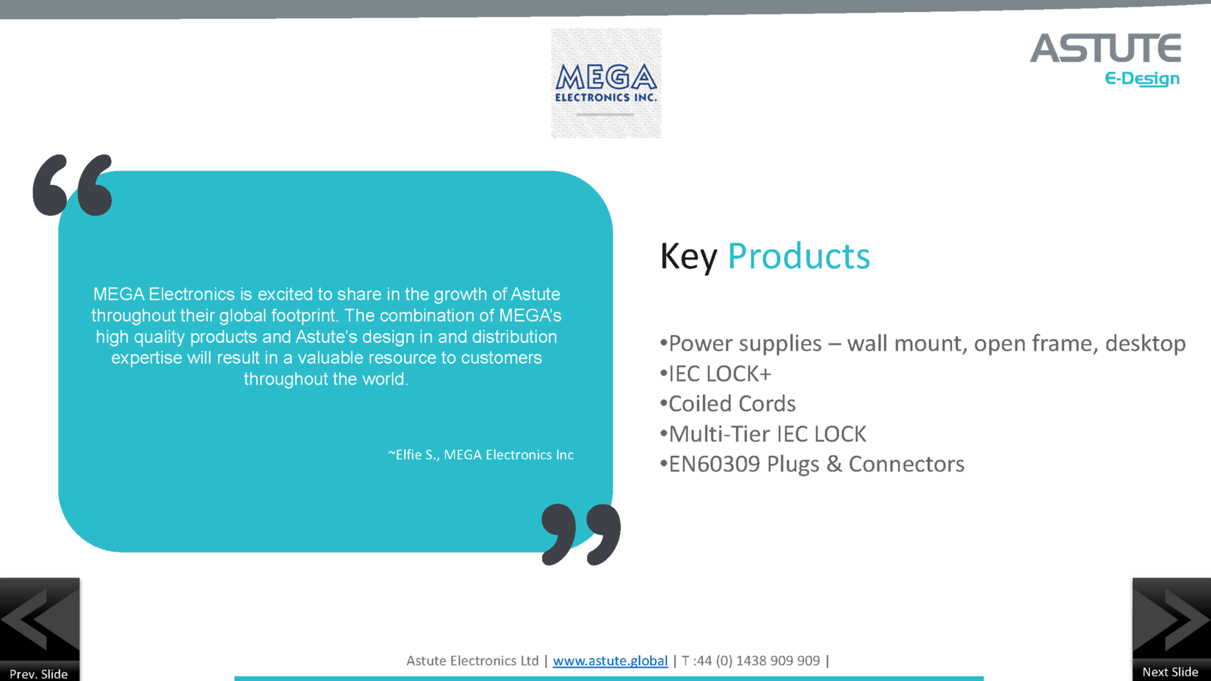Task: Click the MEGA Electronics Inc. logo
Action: click(x=606, y=83)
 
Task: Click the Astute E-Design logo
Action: click(x=1106, y=60)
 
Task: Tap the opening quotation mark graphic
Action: click(x=73, y=185)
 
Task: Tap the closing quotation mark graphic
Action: click(x=581, y=534)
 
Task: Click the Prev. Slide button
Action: click(x=40, y=629)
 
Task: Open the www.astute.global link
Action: click(x=610, y=661)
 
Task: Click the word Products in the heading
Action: click(x=799, y=257)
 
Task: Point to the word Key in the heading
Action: click(x=689, y=257)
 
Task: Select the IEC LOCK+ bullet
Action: click(x=715, y=374)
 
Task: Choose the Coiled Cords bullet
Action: click(x=727, y=404)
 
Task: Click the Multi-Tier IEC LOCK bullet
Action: click(x=763, y=434)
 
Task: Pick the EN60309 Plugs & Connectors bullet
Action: click(x=812, y=464)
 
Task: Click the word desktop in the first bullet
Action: click(x=1145, y=344)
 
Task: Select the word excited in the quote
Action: click(x=285, y=294)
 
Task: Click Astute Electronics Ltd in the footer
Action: click(x=472, y=661)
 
